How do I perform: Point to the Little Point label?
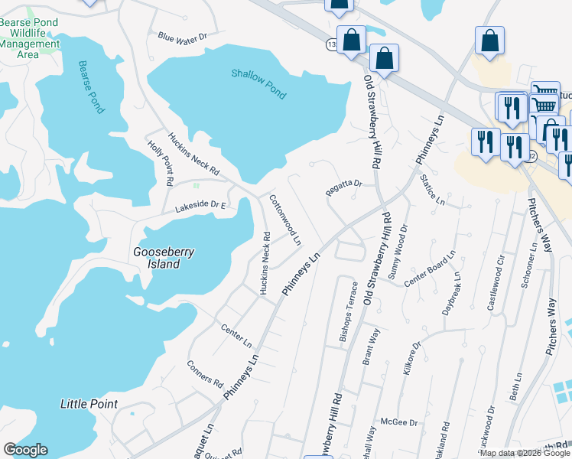coord(89,404)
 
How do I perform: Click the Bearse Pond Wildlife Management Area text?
coord(29,38)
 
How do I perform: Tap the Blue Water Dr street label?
coord(183,37)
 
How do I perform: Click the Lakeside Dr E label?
coord(200,205)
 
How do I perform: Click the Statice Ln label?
coord(432,190)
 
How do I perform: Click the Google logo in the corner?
coord(25,450)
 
